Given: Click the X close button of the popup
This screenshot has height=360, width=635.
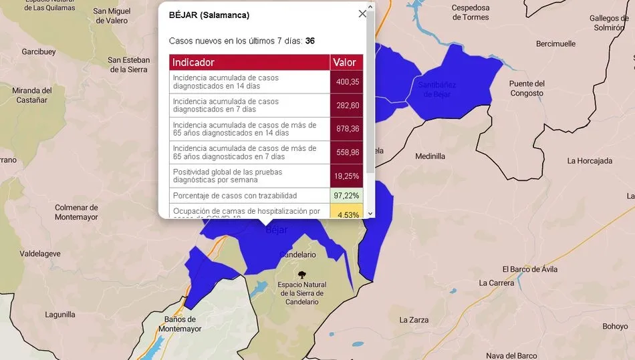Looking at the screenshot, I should [362, 13].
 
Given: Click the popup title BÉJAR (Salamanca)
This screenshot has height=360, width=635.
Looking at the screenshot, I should [209, 15].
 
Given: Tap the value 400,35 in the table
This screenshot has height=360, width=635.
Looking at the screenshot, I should [348, 82].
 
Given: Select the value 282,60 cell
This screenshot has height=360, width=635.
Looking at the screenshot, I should [348, 106].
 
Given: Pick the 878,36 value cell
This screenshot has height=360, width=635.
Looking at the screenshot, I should [348, 129].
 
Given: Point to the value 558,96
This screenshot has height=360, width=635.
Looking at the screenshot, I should [348, 152].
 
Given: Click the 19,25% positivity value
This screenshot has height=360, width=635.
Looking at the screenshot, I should [348, 176].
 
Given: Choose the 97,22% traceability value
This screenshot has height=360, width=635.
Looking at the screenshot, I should [348, 196].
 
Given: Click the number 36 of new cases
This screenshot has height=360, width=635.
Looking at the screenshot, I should [310, 41].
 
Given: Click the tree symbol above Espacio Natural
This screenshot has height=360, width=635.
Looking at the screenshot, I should [302, 274].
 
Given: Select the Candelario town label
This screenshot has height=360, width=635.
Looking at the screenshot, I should [297, 254].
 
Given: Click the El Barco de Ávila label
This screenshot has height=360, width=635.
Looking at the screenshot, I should [529, 269].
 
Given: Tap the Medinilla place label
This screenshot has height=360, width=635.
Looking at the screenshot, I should [430, 156].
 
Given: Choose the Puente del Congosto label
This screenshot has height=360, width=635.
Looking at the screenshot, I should [527, 88].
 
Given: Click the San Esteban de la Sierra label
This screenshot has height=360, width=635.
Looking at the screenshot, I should [129, 65].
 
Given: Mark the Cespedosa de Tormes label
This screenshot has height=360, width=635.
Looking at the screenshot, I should [480, 12].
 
